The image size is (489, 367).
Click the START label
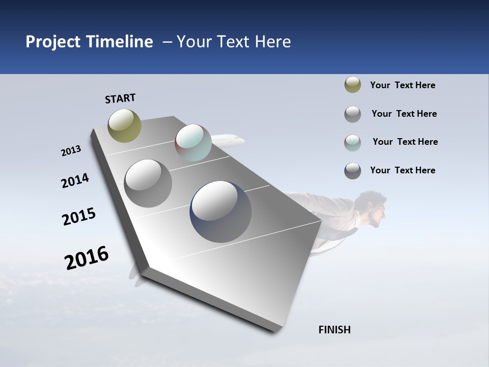pyautogui.click(x=120, y=98)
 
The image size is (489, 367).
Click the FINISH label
pyautogui.click(x=334, y=330)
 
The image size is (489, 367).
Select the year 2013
pyautogui.click(x=71, y=151)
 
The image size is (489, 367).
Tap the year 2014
pyautogui.click(x=75, y=181)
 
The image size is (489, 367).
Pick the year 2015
pyautogui.click(x=79, y=217)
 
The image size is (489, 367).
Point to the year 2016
pyautogui.click(x=87, y=258)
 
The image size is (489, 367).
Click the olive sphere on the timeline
pyautogui.click(x=125, y=125)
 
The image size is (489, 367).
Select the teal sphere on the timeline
pyautogui.click(x=193, y=143)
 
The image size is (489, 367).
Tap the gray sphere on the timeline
pyautogui.click(x=148, y=183)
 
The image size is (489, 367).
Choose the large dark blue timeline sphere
pyautogui.click(x=221, y=212)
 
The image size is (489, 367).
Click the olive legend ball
pyautogui.click(x=352, y=85)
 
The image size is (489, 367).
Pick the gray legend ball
pyautogui.click(x=352, y=114)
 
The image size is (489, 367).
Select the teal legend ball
pyautogui.click(x=352, y=143)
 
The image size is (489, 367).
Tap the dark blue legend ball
pyautogui.click(x=352, y=171)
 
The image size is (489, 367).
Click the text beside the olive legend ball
pyautogui.click(x=402, y=85)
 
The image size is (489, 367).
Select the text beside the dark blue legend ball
pyautogui.click(x=402, y=170)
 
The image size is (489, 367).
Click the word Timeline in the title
pyautogui.click(x=120, y=42)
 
